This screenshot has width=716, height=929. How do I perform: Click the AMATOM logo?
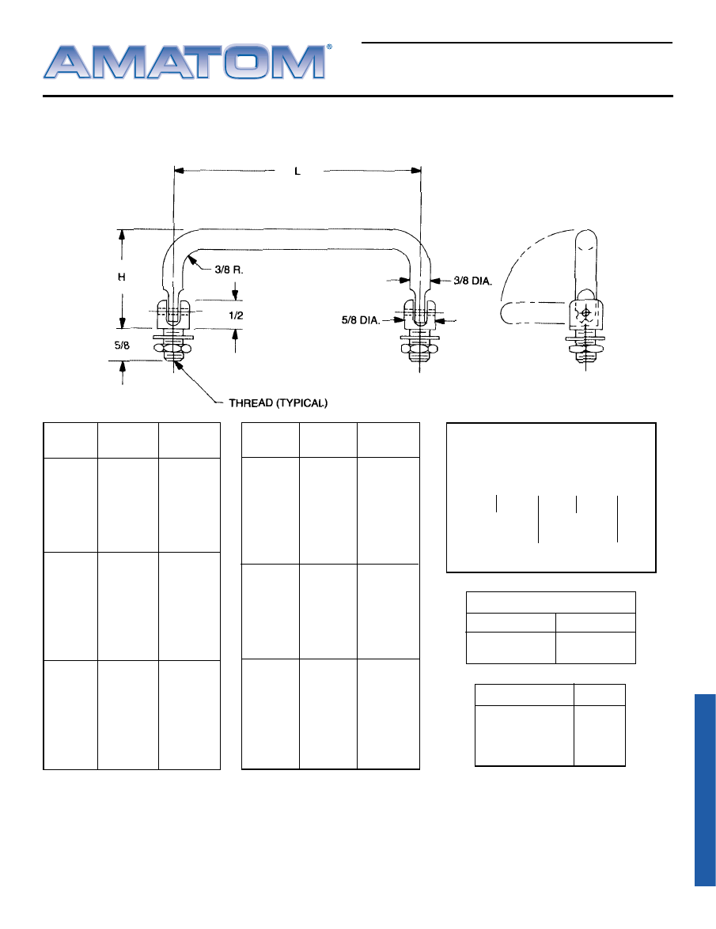(185, 62)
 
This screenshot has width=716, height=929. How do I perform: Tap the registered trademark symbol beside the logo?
(330, 47)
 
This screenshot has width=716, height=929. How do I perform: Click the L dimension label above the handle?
(297, 172)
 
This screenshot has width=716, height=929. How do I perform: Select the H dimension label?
(122, 277)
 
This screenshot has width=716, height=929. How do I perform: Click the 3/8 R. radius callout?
(229, 270)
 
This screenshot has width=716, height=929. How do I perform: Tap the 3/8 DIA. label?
(473, 281)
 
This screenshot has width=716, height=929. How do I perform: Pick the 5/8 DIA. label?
(360, 320)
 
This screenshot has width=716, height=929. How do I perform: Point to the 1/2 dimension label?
(236, 315)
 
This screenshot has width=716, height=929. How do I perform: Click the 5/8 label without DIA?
(122, 345)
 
